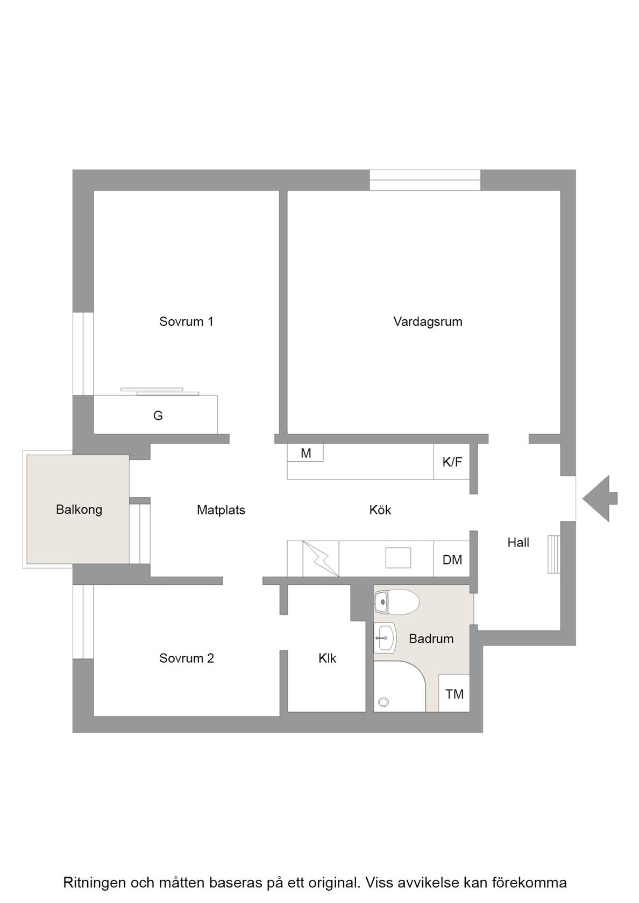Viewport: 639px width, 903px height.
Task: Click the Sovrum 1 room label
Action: tap(186, 321)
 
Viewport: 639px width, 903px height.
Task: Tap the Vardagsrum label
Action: tap(428, 321)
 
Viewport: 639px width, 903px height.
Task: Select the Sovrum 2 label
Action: tap(186, 658)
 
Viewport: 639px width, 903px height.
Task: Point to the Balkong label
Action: tap(79, 510)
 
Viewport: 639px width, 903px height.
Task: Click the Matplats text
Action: tap(221, 510)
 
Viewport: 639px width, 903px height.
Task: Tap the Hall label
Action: tap(518, 542)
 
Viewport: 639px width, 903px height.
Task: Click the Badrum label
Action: tap(431, 638)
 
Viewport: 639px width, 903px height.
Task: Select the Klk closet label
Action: tap(327, 658)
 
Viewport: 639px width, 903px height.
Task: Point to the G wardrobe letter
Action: tap(158, 415)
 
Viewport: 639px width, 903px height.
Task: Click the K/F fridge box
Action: tap(452, 462)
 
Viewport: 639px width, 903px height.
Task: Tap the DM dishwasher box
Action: tap(452, 559)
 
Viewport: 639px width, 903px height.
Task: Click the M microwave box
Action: tap(306, 453)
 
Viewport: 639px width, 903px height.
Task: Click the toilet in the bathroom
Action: tap(397, 602)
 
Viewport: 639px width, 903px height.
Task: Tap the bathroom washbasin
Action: tap(385, 637)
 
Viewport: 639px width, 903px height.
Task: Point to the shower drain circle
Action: tap(384, 702)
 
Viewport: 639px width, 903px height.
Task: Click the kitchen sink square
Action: tap(398, 558)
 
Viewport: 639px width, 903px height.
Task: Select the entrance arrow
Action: tap(600, 499)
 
